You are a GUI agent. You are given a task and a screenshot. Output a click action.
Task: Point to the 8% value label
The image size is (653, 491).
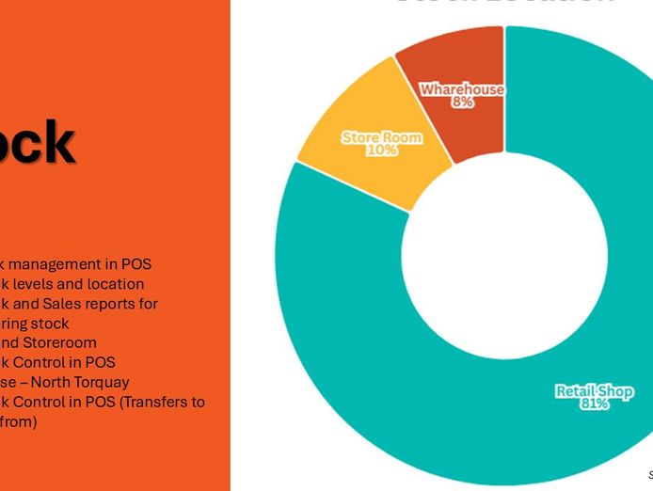462,103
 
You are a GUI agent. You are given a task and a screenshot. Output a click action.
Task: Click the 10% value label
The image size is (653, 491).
382,150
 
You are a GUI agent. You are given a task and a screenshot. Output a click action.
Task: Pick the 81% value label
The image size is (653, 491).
594,404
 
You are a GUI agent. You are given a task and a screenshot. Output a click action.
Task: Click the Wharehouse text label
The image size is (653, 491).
462,89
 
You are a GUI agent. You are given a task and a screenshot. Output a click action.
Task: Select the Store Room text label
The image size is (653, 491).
382,137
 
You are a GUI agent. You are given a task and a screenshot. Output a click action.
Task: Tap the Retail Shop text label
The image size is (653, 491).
594,390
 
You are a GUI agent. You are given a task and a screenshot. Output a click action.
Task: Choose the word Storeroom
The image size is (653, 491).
61,343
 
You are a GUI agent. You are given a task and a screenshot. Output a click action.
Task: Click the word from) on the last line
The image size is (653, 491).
18,422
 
